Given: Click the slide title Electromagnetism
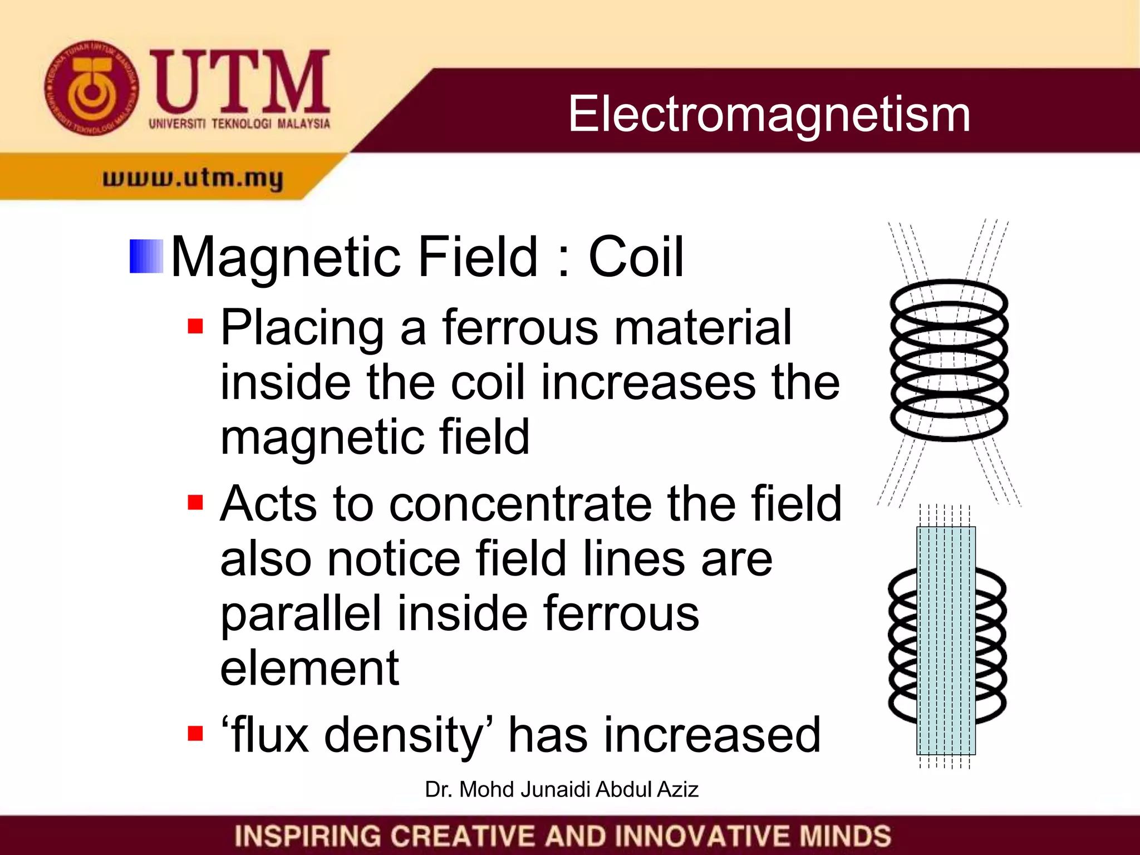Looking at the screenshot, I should pyautogui.click(x=769, y=114).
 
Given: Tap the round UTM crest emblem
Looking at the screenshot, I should pyautogui.click(x=91, y=87).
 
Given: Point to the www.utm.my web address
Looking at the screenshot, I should pyautogui.click(x=193, y=178).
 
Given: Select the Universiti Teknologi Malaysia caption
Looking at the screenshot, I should pyautogui.click(x=239, y=124).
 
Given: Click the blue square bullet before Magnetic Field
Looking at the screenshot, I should pyautogui.click(x=146, y=257).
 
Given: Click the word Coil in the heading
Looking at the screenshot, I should pyautogui.click(x=636, y=257).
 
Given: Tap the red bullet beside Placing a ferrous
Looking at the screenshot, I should pyautogui.click(x=195, y=326).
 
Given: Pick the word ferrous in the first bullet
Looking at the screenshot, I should pyautogui.click(x=521, y=328).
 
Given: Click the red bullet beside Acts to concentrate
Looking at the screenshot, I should pyautogui.click(x=195, y=502).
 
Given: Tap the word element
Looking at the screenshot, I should pyautogui.click(x=309, y=668).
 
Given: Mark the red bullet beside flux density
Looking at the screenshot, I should pyautogui.click(x=195, y=734).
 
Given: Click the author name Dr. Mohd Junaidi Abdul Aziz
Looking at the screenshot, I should pyautogui.click(x=561, y=789).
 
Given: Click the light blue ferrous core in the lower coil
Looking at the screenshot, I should pyautogui.click(x=946, y=640).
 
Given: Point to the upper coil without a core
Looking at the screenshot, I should pyautogui.click(x=949, y=360).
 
